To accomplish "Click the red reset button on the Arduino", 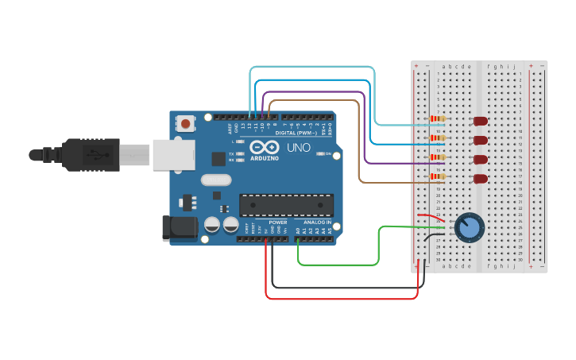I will coord(186,123).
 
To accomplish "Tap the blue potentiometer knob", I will coord(470,228).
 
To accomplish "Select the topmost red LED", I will coord(480,121).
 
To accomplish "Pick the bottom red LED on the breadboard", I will coord(480,179).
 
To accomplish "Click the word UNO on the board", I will coord(299,148).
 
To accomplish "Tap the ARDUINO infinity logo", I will coord(263,149).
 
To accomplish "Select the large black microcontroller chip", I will coord(286,205).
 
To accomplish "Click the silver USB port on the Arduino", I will coord(172,154).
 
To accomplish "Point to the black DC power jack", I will coord(178,228).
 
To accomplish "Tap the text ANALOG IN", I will coord(317,222).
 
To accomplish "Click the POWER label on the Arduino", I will coord(277,222).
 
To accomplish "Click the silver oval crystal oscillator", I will coord(215,180).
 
